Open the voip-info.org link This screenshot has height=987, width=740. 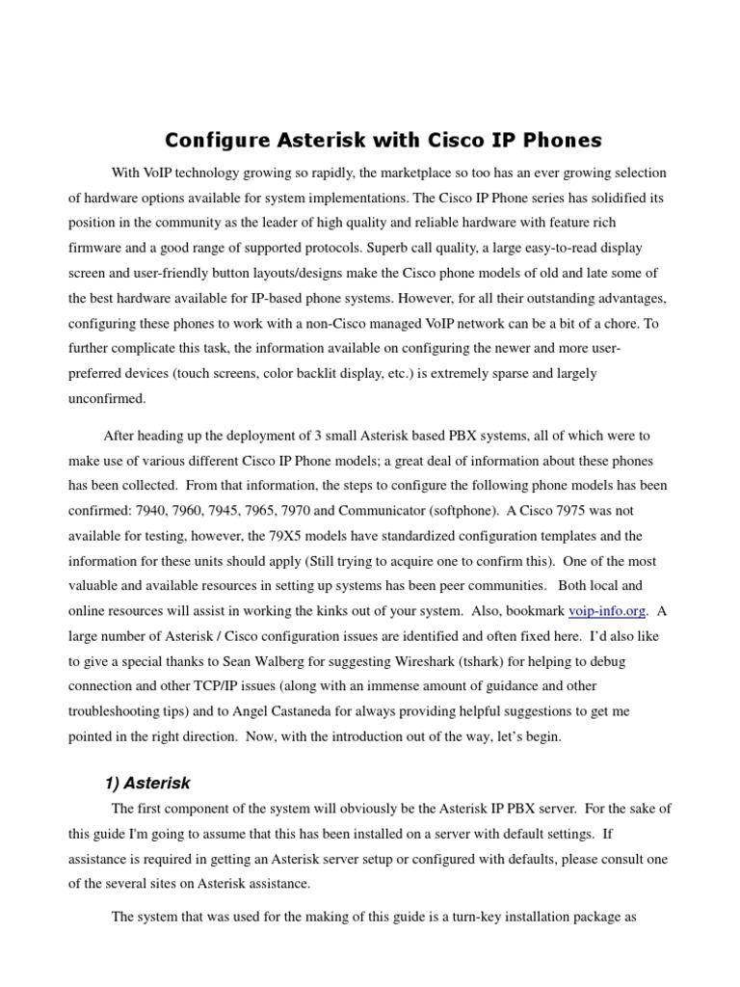(608, 610)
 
